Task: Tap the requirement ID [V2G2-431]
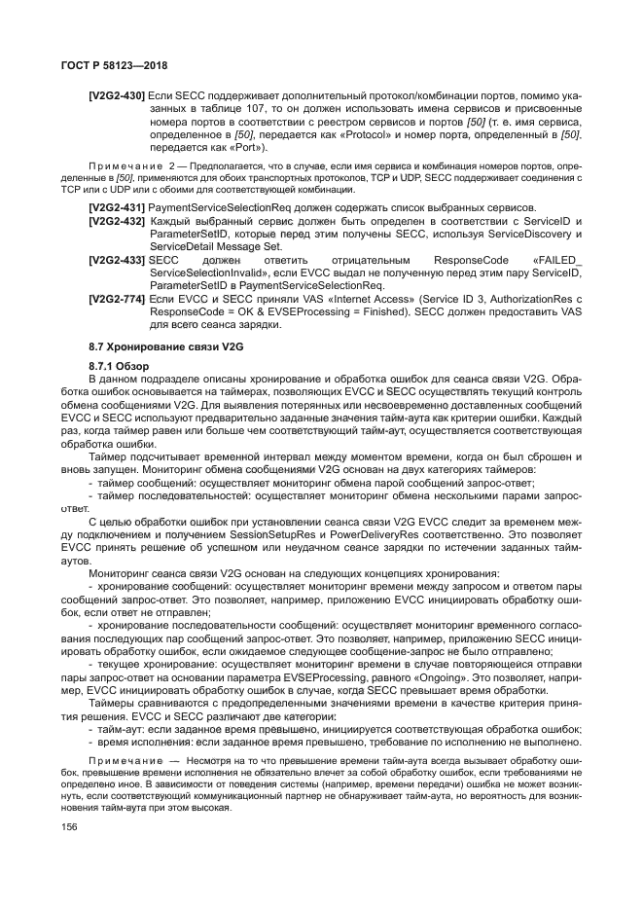[117, 209]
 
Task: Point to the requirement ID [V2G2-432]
[117, 223]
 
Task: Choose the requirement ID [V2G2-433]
[117, 262]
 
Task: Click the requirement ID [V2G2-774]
[117, 301]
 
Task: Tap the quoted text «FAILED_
[558, 262]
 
